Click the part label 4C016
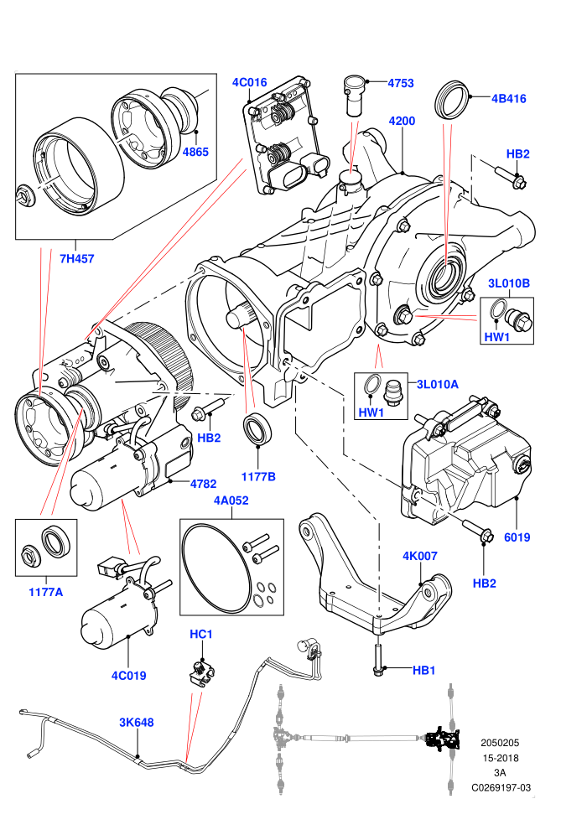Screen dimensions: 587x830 click(x=249, y=82)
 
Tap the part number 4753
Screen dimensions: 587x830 click(x=401, y=83)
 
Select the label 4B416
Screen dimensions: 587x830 click(x=509, y=98)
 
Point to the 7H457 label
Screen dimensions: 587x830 click(x=77, y=259)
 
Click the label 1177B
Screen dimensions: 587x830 click(x=258, y=476)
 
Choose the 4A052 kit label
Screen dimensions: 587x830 click(x=231, y=501)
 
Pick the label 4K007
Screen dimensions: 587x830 click(x=420, y=556)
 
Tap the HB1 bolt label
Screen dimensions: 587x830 click(x=424, y=670)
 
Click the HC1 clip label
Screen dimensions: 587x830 click(x=200, y=634)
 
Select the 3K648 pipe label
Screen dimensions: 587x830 click(x=137, y=723)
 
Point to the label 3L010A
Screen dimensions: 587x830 click(x=438, y=384)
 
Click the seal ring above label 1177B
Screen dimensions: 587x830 click(x=257, y=428)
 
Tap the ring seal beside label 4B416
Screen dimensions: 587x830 click(x=451, y=100)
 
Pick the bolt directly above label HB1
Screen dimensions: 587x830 click(x=379, y=659)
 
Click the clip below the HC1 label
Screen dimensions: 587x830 click(x=200, y=673)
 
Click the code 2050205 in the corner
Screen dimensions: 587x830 click(x=500, y=743)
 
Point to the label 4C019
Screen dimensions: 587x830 click(x=128, y=676)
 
